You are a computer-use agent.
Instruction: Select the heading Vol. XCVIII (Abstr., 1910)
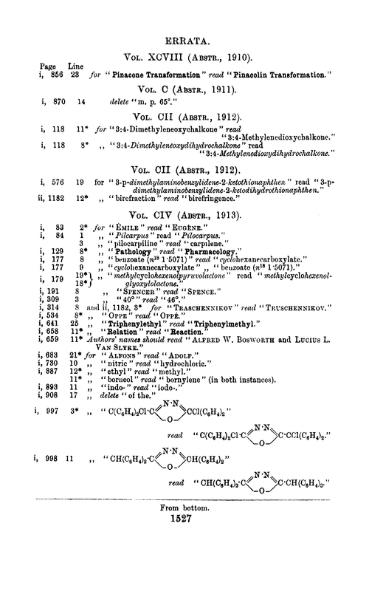pos(184,56)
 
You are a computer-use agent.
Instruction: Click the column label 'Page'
pos(49,65)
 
